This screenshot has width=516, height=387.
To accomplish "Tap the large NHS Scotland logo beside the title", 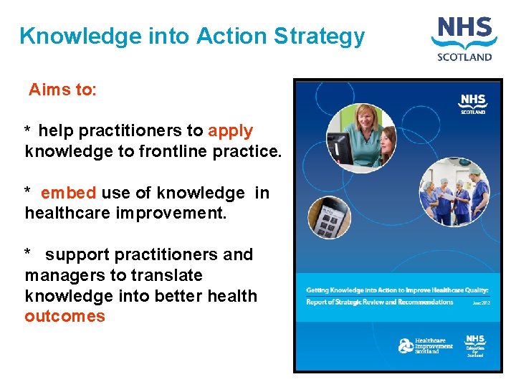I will tap(465, 39).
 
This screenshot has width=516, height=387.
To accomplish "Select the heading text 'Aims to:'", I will tap(62, 90).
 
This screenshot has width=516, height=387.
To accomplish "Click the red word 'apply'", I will tap(230, 131).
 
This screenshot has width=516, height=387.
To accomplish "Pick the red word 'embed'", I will tap(68, 193).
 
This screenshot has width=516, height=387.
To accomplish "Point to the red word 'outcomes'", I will tap(64, 317).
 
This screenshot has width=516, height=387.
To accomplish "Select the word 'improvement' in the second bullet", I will tap(181, 214).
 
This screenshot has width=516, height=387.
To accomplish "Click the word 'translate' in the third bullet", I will tap(171, 275).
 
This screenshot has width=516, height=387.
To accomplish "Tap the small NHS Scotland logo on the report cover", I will tap(473, 103).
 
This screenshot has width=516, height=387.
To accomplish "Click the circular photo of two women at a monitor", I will tap(361, 137).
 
